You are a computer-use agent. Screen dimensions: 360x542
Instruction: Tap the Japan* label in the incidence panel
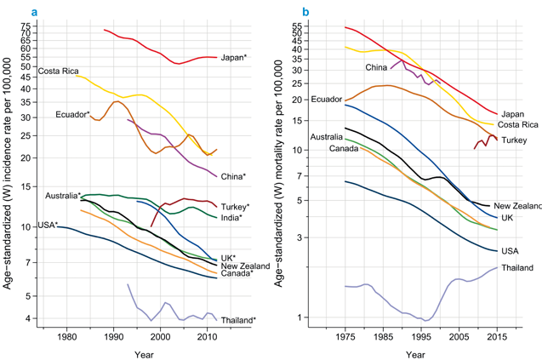click(233, 58)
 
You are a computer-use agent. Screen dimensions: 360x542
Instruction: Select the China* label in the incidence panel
click(233, 177)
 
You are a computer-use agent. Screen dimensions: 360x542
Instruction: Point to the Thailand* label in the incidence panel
click(238, 320)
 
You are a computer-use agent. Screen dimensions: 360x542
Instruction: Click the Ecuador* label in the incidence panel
click(72, 114)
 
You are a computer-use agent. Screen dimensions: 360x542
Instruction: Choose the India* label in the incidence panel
click(231, 218)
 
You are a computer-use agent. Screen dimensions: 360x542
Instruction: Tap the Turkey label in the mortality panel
click(514, 140)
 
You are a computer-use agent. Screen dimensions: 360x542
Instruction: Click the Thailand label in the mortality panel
click(516, 268)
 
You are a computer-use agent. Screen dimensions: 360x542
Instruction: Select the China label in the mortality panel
click(376, 67)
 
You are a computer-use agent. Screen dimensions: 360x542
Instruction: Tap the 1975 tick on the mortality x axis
click(345, 339)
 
